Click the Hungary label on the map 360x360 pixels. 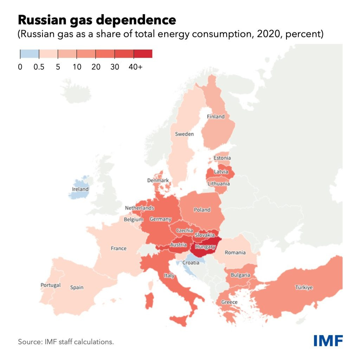click(205, 247)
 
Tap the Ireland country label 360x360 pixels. click(80, 189)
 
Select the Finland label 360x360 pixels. click(216, 116)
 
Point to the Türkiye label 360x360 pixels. click(304, 288)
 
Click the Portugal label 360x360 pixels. click(51, 285)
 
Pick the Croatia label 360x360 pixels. click(191, 263)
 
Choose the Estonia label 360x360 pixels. click(222, 158)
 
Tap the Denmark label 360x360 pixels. click(158, 180)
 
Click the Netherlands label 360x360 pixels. click(140, 208)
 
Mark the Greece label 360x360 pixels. click(229, 302)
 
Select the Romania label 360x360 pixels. click(235, 252)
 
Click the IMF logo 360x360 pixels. click(328, 340)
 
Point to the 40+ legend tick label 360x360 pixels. click(136, 67)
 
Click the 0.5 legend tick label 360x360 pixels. click(39, 67)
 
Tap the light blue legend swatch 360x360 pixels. click(29, 53)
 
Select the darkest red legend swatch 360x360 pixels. click(143, 53)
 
